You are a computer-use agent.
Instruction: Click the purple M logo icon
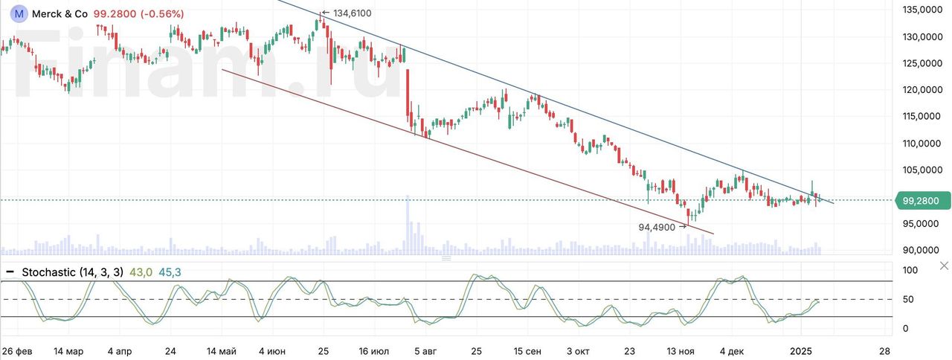pyautogui.click(x=19, y=13)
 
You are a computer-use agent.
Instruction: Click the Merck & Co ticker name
pyautogui.click(x=59, y=14)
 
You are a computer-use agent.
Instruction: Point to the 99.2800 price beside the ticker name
pyautogui.click(x=115, y=14)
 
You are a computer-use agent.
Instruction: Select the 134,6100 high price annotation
pyautogui.click(x=352, y=13)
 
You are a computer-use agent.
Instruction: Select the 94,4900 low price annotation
pyautogui.click(x=658, y=227)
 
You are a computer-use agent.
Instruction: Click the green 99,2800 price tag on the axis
pyautogui.click(x=925, y=200)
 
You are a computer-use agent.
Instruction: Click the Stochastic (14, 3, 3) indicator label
pyautogui.click(x=73, y=272)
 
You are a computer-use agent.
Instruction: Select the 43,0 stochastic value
pyautogui.click(x=141, y=272)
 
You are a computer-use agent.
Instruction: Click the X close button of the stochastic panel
pyautogui.click(x=944, y=266)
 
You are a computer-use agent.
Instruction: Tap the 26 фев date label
pyautogui.click(x=16, y=350)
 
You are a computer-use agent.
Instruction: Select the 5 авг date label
pyautogui.click(x=426, y=350)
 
